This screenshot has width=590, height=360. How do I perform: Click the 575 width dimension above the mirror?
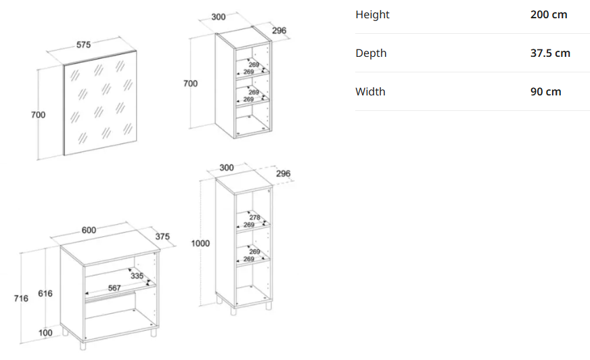[x=83, y=45]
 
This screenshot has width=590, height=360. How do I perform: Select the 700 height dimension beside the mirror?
[x=38, y=115]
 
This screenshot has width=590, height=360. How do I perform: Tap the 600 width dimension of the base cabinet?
[x=89, y=230]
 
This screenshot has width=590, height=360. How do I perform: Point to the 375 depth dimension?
[x=162, y=237]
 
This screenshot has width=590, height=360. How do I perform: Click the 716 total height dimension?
[x=21, y=298]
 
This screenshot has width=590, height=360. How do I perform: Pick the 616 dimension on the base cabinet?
[x=45, y=294]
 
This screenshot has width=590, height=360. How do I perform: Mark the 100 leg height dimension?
[x=45, y=332]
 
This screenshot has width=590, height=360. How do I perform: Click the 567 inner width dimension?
[x=114, y=288]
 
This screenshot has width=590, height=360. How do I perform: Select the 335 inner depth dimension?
[x=137, y=275]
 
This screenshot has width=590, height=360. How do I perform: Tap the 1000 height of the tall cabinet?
[x=200, y=244]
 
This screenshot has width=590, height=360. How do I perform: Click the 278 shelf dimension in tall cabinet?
[x=254, y=217]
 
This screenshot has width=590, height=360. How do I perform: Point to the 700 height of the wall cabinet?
[x=190, y=83]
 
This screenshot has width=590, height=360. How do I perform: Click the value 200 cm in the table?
[x=549, y=15]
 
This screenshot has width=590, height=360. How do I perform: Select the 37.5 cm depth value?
[x=550, y=53]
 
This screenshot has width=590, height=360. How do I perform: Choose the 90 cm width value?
[x=545, y=92]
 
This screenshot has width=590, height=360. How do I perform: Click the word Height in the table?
[x=373, y=15]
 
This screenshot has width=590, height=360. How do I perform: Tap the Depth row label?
[x=371, y=53]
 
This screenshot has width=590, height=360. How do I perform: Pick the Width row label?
[x=370, y=92]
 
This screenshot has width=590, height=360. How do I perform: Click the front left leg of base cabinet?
[x=83, y=345]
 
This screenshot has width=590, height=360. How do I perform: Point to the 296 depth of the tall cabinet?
[x=283, y=174]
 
